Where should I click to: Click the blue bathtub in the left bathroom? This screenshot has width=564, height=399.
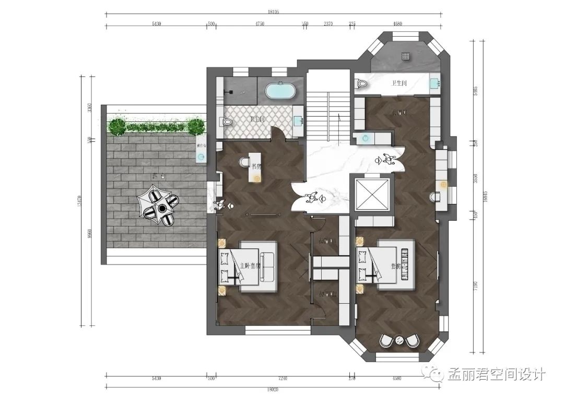(x=281, y=91)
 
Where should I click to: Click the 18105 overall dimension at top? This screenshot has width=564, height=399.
(x=273, y=11)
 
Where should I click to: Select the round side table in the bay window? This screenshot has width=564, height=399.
(x=399, y=341)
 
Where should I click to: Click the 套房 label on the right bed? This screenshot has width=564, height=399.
(x=396, y=266)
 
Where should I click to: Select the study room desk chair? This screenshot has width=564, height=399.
(x=244, y=162)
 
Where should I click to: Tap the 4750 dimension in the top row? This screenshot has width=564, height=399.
(x=260, y=24)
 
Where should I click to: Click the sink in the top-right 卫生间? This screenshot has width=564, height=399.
(x=435, y=83)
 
